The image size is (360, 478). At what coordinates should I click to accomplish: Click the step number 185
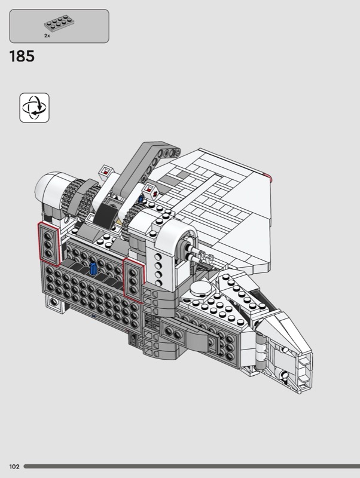point(22,56)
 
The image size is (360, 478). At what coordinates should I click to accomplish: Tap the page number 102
point(14,467)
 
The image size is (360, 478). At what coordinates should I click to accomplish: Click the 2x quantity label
point(47,36)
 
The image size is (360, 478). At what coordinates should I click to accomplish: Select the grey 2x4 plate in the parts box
point(60,23)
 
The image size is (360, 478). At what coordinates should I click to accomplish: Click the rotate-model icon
point(35,108)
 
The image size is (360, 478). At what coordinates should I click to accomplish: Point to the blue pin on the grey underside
point(93,268)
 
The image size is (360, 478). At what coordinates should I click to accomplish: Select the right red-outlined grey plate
point(133,280)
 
